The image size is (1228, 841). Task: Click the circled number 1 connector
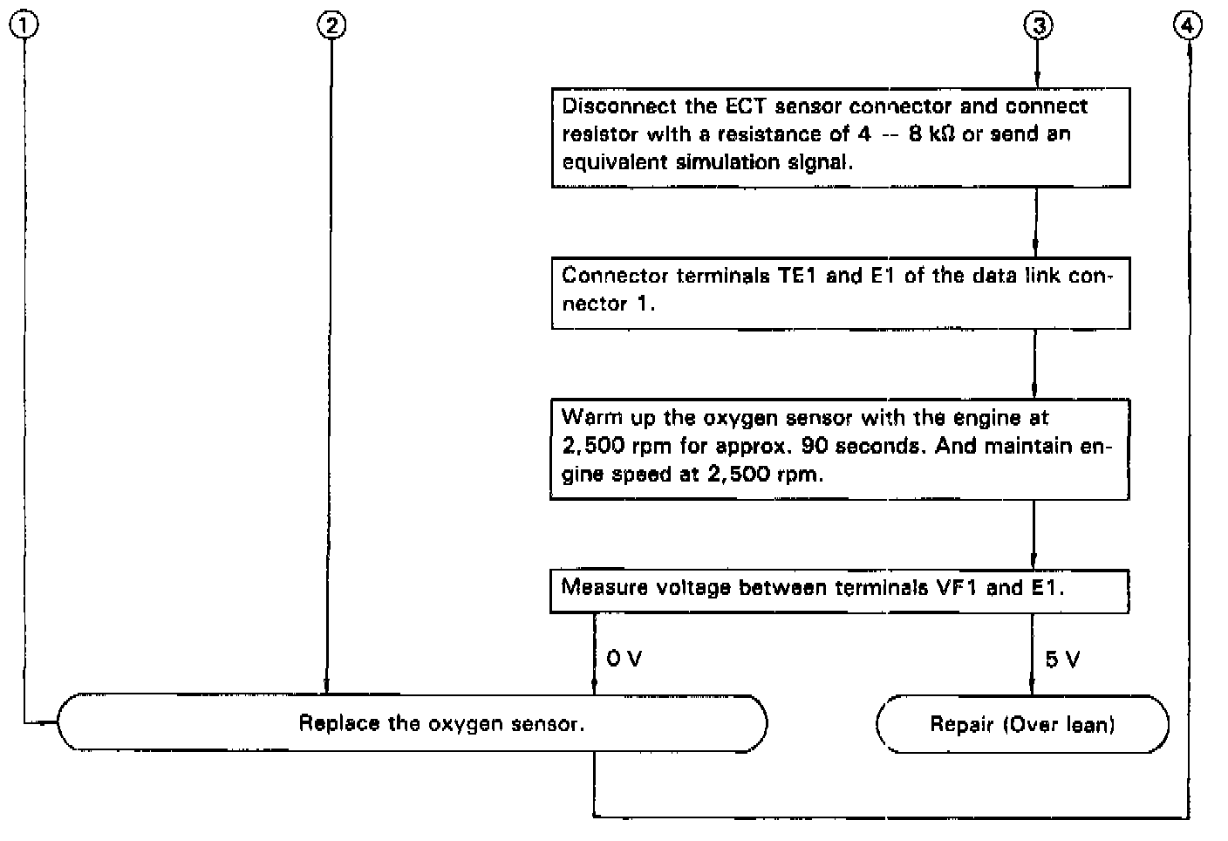(x=24, y=26)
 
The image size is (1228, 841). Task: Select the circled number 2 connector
(x=331, y=26)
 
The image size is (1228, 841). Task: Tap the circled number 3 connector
(x=1037, y=26)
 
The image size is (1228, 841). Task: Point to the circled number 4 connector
(x=1188, y=26)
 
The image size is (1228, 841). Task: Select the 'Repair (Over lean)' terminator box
(x=1022, y=724)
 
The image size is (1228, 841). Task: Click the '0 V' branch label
(x=624, y=659)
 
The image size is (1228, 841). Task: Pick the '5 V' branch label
(x=1062, y=660)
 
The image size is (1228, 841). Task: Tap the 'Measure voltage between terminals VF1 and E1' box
(x=840, y=590)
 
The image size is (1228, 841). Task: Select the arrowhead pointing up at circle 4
(x=1188, y=50)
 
